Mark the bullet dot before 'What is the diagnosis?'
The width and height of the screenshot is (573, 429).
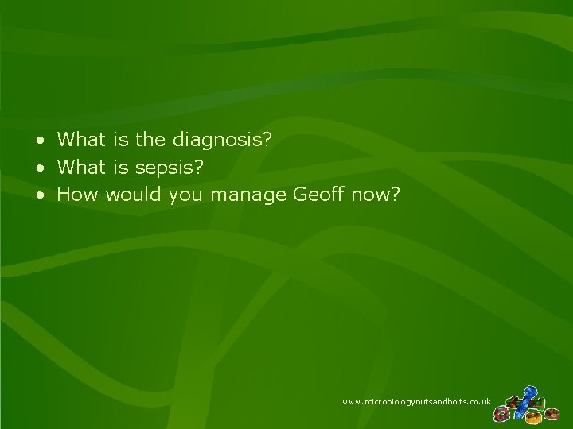tap(40, 141)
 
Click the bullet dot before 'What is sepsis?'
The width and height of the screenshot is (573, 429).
tap(40, 168)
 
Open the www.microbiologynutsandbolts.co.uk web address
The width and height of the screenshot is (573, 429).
tap(416, 404)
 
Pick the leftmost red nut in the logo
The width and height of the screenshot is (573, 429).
tap(502, 413)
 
